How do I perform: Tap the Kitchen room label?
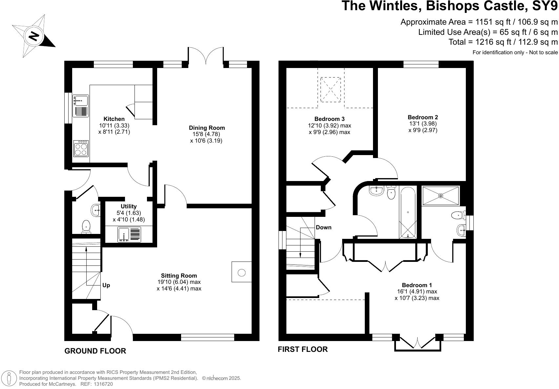tap(114, 119)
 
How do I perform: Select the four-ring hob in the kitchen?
tap(81, 149)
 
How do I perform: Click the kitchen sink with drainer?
tap(81, 106)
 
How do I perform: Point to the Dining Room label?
tap(207, 128)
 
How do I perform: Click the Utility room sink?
tap(129, 235)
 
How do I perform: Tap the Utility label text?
tap(129, 206)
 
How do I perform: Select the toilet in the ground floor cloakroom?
tap(86, 227)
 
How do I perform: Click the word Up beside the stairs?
tap(106, 285)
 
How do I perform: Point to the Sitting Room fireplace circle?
tap(241, 272)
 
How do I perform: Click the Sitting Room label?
tap(179, 276)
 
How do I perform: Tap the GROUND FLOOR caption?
tap(95, 351)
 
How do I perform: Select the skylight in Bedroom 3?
tap(330, 89)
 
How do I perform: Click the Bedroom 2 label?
tap(423, 117)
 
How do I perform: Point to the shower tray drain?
tap(441, 196)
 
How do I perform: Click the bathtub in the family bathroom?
tap(408, 212)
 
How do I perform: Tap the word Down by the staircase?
tap(324, 227)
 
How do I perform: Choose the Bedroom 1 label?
tap(417, 285)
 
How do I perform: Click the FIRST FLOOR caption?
tap(303, 349)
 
